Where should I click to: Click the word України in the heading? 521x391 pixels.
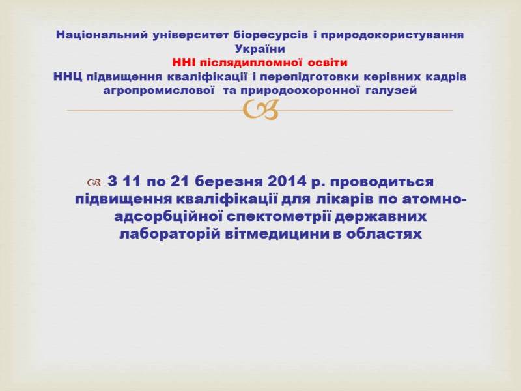(x=260, y=49)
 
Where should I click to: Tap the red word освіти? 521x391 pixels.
(x=328, y=63)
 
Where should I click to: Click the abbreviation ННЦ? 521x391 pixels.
(x=68, y=77)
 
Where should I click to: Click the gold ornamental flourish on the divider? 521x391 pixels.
(x=260, y=110)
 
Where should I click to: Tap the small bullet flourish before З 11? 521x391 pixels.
(x=94, y=182)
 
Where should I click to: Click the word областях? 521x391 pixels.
(x=384, y=234)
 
